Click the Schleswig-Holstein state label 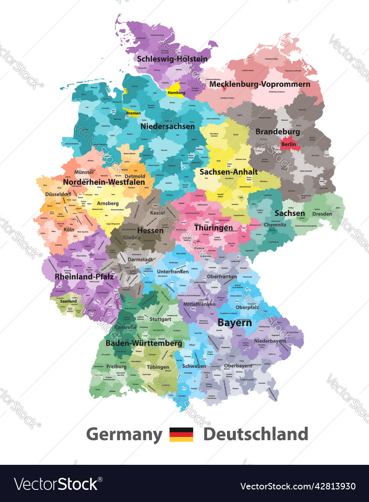click(x=172, y=59)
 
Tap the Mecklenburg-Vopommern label click(x=259, y=84)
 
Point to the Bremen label click(x=133, y=113)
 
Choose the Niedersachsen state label click(x=168, y=126)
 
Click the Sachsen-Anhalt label click(x=228, y=172)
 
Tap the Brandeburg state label click(x=278, y=132)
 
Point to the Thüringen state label click(x=214, y=228)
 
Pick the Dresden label click(x=322, y=214)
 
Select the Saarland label click(x=68, y=301)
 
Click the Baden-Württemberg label click(x=143, y=343)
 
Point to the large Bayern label click(x=235, y=322)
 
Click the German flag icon click(x=181, y=435)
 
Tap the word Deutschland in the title click(x=256, y=434)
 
